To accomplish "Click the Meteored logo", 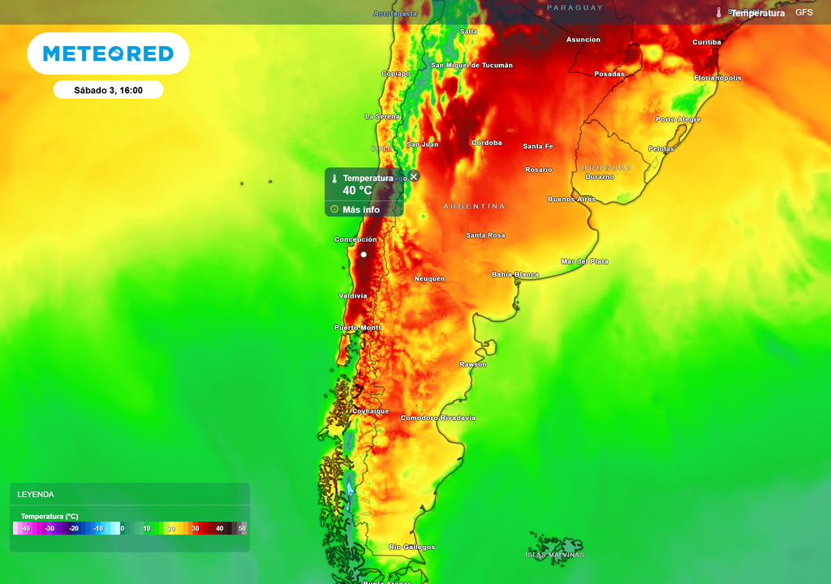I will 108,54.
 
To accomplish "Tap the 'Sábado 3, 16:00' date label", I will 108,90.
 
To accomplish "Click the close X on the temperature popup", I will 414,176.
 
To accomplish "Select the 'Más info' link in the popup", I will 361,209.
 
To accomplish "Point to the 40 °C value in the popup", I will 357,191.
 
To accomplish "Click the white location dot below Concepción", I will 364,255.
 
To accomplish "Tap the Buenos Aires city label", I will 571,199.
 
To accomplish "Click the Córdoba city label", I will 487,143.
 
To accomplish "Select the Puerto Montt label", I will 357,328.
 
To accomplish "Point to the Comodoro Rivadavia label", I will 437,418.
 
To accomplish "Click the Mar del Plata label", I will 584,261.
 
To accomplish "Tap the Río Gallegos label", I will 411,547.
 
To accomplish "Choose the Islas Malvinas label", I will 554,555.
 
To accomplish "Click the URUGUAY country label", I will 606,167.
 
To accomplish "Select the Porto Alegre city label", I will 678,119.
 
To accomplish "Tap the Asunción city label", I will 583,39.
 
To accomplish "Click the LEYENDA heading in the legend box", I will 36,494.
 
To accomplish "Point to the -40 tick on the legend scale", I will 25,529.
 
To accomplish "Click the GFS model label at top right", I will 803,13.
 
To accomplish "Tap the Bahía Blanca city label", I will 515,274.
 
